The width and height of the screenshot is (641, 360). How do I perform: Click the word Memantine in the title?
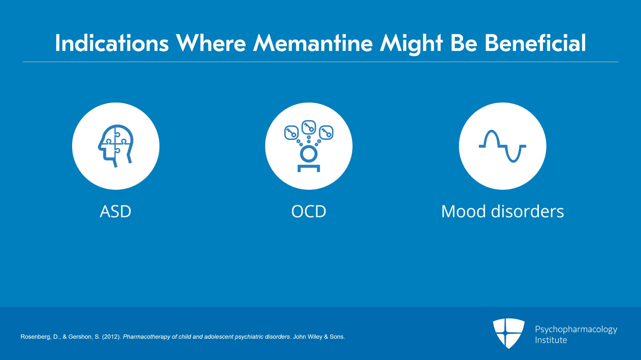(313, 43)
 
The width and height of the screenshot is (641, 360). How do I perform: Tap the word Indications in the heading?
(112, 43)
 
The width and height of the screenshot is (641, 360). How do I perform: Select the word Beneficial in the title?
(535, 43)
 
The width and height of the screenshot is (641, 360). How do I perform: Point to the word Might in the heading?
(411, 44)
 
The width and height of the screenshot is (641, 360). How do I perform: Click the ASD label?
(115, 211)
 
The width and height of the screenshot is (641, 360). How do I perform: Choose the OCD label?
(308, 211)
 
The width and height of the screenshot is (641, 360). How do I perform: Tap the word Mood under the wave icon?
(464, 211)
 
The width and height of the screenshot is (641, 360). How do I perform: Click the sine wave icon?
(502, 146)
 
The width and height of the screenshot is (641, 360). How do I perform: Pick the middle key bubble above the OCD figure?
(309, 127)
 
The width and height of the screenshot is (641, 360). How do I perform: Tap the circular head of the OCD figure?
(308, 153)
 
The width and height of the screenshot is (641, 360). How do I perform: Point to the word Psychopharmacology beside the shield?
(576, 329)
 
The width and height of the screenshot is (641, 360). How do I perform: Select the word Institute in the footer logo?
(551, 340)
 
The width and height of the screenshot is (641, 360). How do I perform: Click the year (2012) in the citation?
(111, 337)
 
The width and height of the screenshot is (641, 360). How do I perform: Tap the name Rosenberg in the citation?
(36, 337)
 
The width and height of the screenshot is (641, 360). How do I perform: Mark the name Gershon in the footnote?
(80, 337)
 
